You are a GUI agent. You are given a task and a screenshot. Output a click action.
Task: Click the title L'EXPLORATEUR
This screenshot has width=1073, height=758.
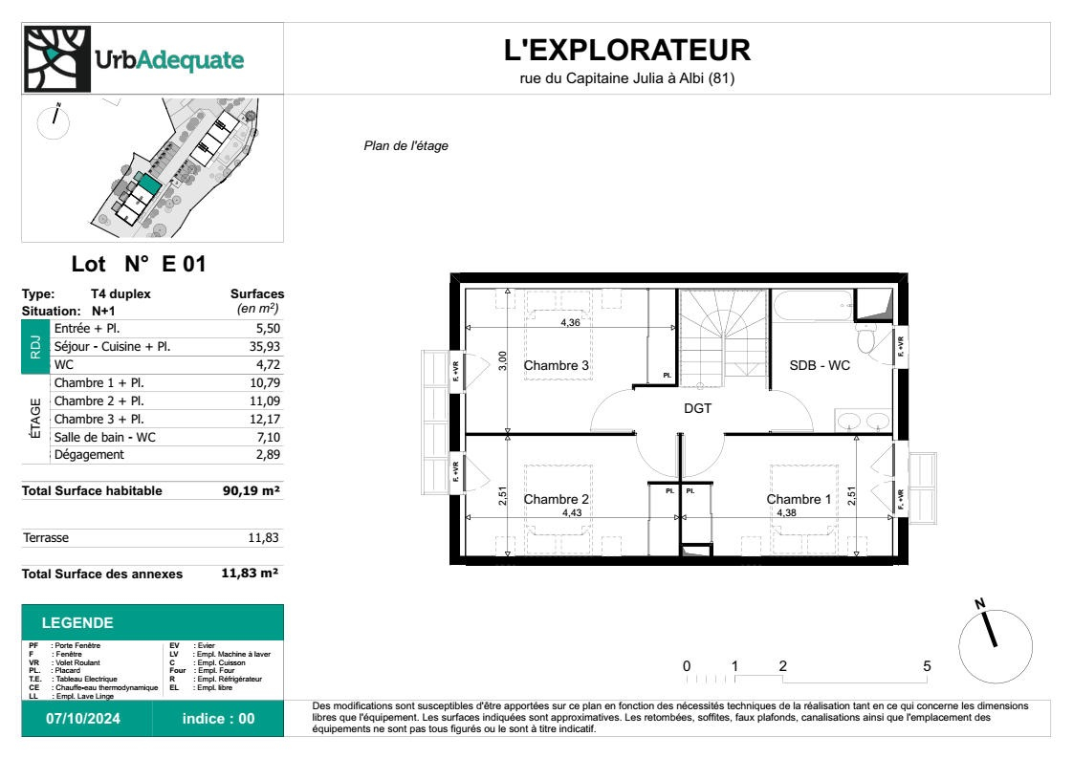click(x=626, y=50)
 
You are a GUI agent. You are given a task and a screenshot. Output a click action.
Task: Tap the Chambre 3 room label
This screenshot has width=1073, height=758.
click(x=556, y=365)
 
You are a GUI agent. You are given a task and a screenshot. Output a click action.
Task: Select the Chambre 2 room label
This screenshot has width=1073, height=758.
click(x=556, y=499)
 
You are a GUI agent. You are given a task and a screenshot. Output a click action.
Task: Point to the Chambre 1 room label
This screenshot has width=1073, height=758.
click(x=799, y=499)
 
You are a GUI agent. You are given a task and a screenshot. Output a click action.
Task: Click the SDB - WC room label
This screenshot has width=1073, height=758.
click(x=820, y=365)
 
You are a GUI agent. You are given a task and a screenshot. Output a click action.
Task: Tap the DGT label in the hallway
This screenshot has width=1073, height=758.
click(x=696, y=408)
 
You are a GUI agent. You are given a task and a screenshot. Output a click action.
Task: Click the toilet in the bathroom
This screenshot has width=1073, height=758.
click(x=866, y=339)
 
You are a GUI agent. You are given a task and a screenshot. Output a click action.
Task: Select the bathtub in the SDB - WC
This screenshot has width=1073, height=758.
click(x=814, y=309)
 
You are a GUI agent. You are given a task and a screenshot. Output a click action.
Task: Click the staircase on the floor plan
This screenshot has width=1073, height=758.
click(x=724, y=335)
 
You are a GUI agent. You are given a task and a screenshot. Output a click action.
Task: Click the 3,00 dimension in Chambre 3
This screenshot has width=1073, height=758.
click(x=502, y=359)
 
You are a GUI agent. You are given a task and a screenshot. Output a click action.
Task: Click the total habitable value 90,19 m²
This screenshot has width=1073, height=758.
click(x=251, y=491)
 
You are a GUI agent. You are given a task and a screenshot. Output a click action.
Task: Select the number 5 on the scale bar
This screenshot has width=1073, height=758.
click(x=927, y=666)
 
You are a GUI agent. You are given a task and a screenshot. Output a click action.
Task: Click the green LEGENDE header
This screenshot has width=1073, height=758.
click(x=77, y=623)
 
